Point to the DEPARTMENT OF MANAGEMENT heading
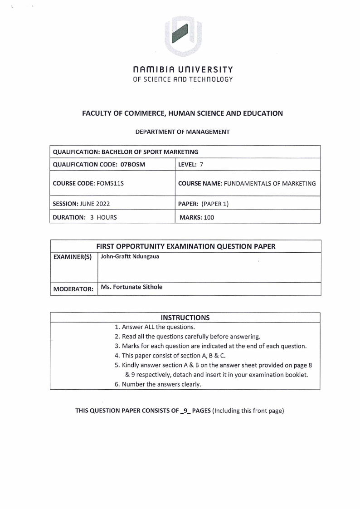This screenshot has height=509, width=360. click(182, 132)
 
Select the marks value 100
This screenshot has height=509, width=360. click(209, 217)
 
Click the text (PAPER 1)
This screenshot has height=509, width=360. click(215, 204)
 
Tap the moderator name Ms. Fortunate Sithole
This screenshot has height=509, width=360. click(131, 287)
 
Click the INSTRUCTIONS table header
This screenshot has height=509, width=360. click(185, 317)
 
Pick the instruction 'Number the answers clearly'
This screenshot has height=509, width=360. click(158, 384)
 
